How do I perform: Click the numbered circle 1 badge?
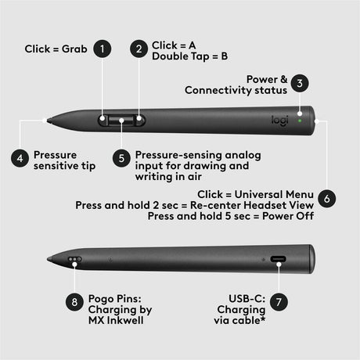pyautogui.click(x=103, y=49)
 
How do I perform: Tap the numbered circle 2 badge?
pyautogui.click(x=139, y=49)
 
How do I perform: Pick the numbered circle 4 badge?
pyautogui.click(x=20, y=157)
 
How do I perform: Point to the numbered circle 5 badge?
pyautogui.click(x=121, y=157)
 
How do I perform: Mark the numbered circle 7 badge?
pyautogui.click(x=280, y=301)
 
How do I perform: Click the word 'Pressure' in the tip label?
pyautogui.click(x=55, y=154)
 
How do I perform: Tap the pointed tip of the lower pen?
pyautogui.click(x=49, y=258)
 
